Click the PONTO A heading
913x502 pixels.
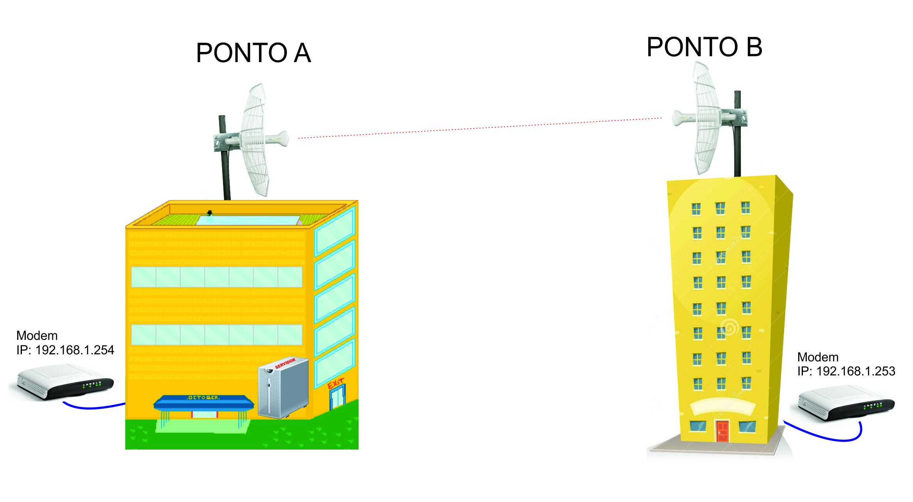(253, 53)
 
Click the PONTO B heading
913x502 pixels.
(704, 47)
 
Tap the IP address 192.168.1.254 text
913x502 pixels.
(65, 350)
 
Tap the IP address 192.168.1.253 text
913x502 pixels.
(846, 371)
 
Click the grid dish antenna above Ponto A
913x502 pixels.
(256, 139)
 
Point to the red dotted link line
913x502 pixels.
(480, 128)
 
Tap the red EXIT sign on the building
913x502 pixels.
(336, 383)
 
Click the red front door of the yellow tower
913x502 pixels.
(722, 431)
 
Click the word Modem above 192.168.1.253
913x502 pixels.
(818, 357)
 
